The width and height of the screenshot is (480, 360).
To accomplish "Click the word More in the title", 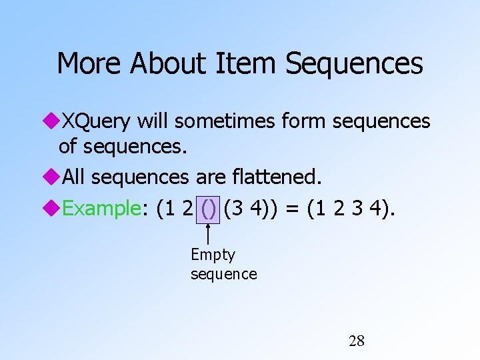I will tap(89, 64).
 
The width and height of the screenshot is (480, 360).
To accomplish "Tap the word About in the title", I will tap(169, 64).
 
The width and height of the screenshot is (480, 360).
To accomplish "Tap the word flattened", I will tap(279, 177).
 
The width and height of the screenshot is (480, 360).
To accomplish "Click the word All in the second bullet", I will tap(74, 177).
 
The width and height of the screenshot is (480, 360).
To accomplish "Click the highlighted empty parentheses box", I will tap(209, 209).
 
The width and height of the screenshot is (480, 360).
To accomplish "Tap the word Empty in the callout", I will tap(213, 255).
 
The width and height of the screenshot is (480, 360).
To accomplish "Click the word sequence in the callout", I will tap(223, 274).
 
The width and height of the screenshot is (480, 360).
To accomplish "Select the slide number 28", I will tap(357, 341).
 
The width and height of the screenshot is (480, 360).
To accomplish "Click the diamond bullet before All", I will tap(53, 177).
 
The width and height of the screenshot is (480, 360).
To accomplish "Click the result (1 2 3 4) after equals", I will tap(349, 209).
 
